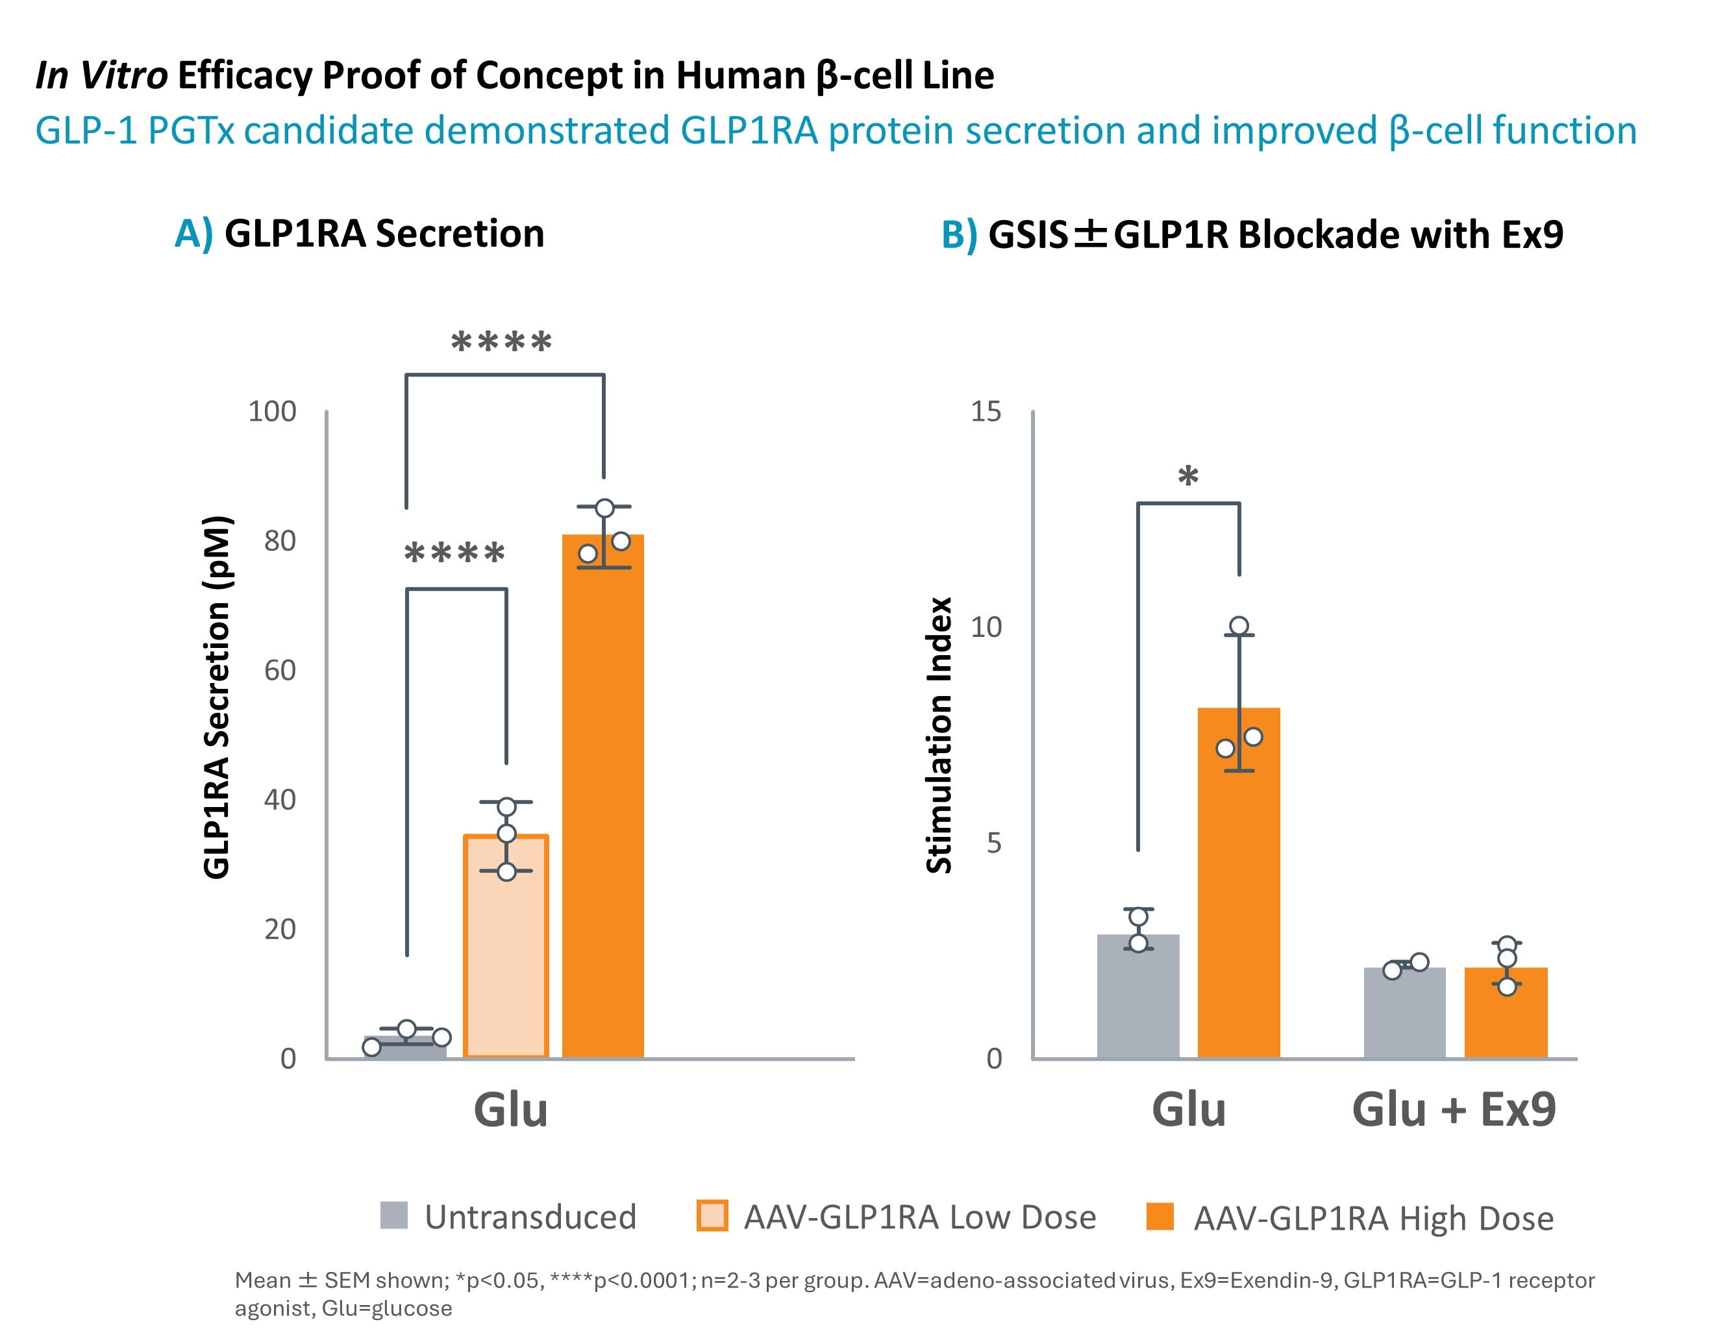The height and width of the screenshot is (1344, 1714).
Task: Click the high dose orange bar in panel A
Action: click(x=602, y=795)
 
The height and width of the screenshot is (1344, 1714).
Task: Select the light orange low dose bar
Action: click(x=506, y=944)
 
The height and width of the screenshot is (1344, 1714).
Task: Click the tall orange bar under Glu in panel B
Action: click(x=1238, y=881)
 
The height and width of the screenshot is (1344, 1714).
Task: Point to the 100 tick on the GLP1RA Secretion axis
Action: click(x=272, y=412)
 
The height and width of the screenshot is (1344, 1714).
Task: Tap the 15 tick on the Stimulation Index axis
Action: click(x=986, y=412)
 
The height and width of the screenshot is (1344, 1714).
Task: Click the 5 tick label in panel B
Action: click(x=994, y=843)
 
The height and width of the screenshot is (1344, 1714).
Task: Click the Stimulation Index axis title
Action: click(x=939, y=735)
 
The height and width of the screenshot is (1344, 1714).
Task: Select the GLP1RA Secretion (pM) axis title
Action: click(x=217, y=697)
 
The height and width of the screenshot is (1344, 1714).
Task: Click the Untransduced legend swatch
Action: click(x=393, y=1215)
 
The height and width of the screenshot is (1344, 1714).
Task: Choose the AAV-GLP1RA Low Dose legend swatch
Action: click(x=712, y=1215)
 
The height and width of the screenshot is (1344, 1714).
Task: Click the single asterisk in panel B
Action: click(x=1188, y=477)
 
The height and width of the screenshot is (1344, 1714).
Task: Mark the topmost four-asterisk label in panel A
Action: click(x=501, y=343)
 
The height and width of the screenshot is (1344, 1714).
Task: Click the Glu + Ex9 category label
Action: click(x=1454, y=1110)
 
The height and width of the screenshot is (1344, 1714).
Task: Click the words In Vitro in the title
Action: click(x=101, y=75)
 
